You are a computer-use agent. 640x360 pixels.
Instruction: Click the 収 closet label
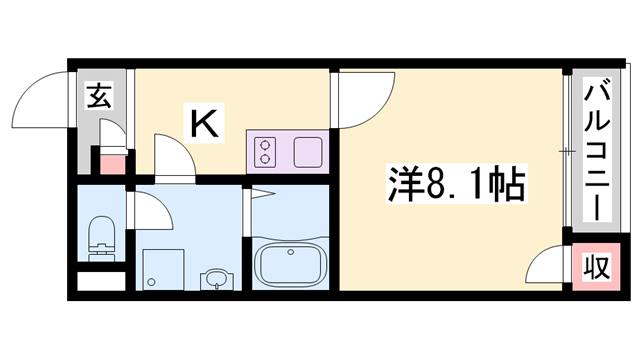(597, 267)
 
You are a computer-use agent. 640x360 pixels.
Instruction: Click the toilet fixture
(101, 236)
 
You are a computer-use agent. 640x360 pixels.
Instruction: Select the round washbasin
(214, 279)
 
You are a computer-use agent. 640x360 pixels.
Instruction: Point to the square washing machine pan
(164, 268)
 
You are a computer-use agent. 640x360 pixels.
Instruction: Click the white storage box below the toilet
(100, 281)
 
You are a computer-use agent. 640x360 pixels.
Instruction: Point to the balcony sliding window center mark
(566, 151)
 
